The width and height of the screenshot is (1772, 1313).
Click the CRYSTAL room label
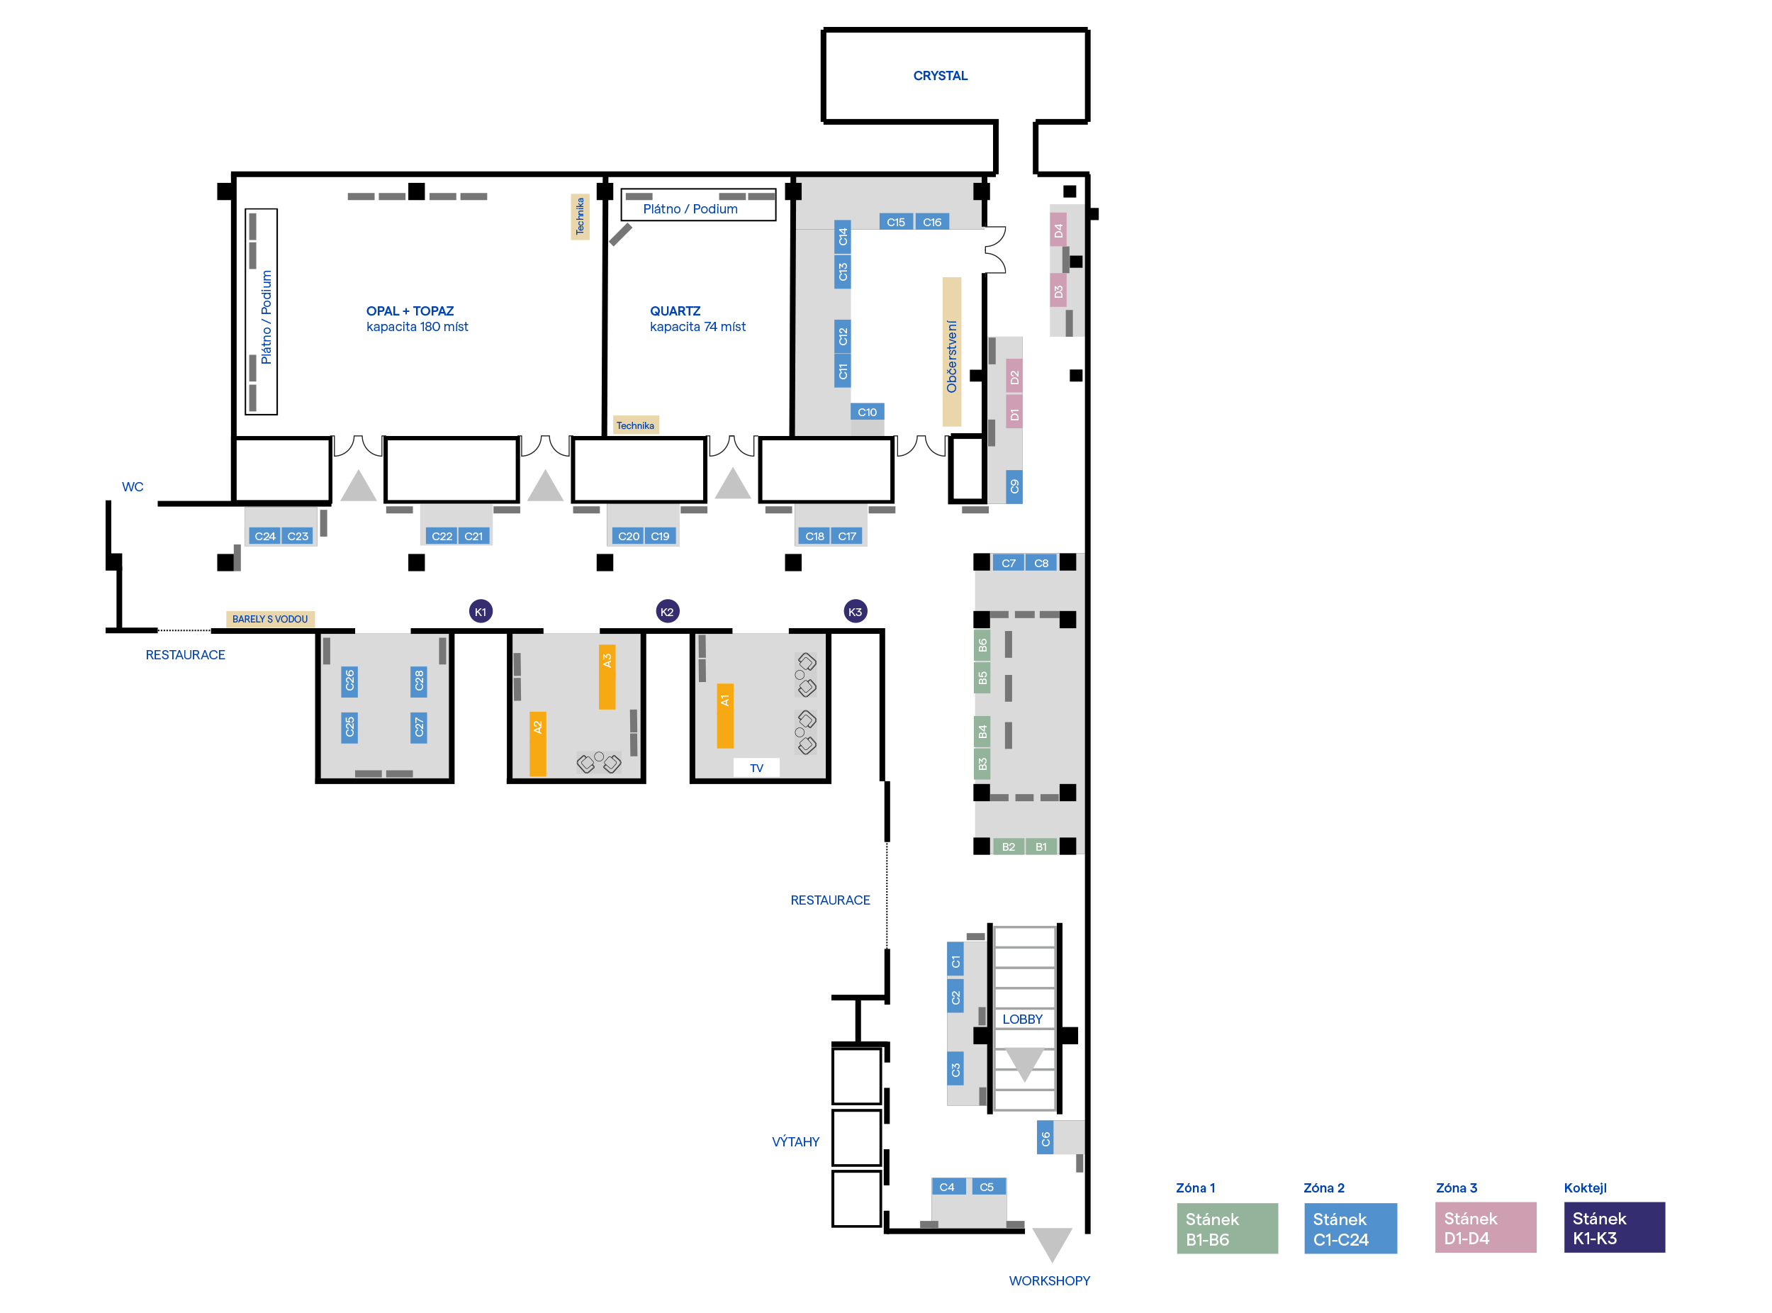point(940,77)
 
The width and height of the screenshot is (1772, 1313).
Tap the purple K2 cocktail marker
point(668,611)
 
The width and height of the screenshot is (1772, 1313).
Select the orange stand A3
point(607,676)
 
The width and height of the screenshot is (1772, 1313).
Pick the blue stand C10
point(867,412)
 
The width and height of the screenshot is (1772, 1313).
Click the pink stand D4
point(1058,230)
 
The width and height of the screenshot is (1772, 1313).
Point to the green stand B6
point(982,644)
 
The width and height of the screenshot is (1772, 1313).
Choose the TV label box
point(756,768)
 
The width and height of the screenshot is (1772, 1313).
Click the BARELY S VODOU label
point(270,619)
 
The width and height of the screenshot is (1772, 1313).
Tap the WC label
point(133,487)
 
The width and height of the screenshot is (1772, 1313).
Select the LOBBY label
point(1022,1019)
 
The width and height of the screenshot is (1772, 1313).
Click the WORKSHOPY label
point(1049,1280)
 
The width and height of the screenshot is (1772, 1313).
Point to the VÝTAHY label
point(795,1141)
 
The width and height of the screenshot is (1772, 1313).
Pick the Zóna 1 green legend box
point(1227,1228)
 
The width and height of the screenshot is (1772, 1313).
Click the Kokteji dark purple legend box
point(1614,1227)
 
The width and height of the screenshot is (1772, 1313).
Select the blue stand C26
point(349,681)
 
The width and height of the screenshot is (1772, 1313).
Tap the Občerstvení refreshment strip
point(951,352)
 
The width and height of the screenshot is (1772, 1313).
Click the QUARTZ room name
point(675,311)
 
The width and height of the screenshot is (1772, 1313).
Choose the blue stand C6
point(1045,1138)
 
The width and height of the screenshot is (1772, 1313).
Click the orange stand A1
point(724,715)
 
